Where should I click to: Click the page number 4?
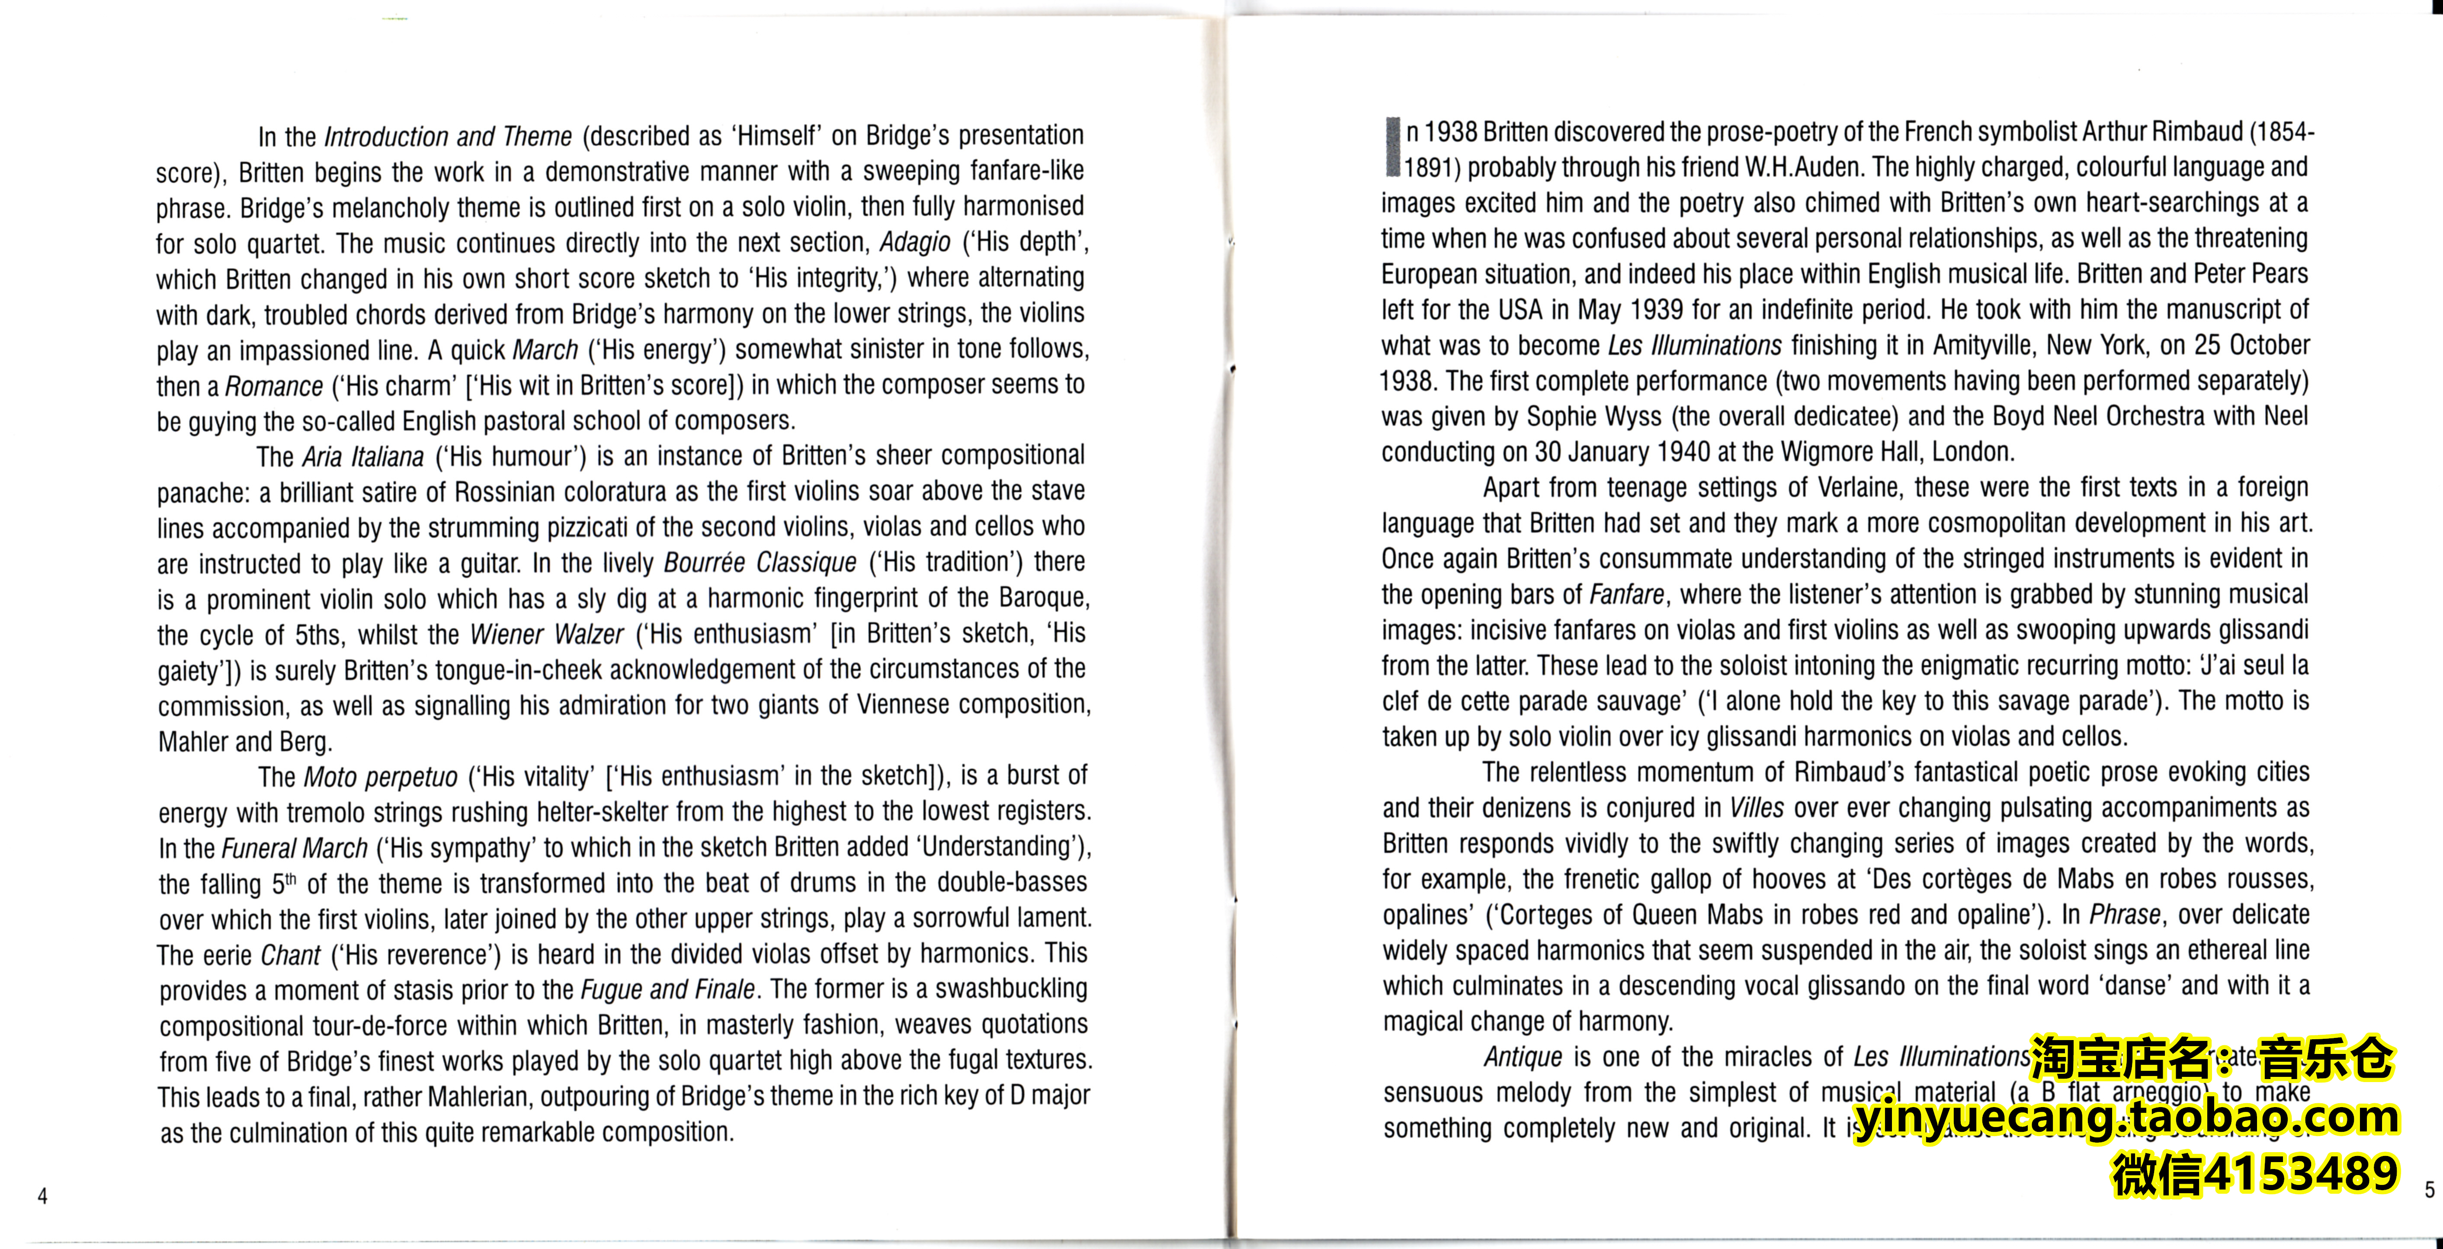point(43,1196)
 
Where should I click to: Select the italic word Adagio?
point(914,243)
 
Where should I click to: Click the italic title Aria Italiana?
point(363,457)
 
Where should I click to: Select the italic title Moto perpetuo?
point(380,777)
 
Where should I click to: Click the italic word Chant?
point(290,955)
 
